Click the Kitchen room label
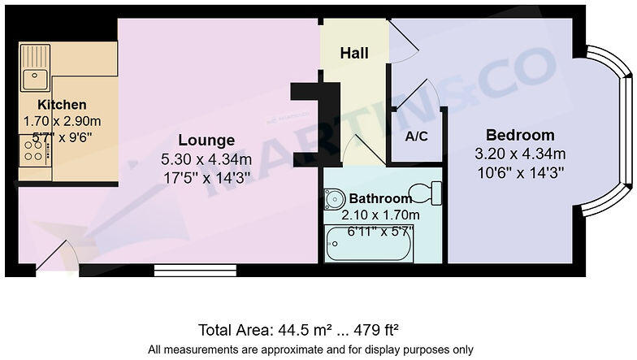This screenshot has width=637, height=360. coord(62,105)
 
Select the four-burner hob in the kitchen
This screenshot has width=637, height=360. coord(35,150)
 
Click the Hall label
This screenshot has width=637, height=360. coord(354,54)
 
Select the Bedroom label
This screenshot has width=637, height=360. coord(520,135)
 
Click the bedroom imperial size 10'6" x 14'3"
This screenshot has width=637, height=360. coord(520,171)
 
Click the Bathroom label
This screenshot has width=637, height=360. coord(380,198)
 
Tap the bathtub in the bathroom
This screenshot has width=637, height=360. coord(370,245)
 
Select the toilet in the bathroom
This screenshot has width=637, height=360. coord(425,193)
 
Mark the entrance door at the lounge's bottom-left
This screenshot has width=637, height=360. coord(57,258)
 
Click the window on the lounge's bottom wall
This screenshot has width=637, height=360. coord(195,269)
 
